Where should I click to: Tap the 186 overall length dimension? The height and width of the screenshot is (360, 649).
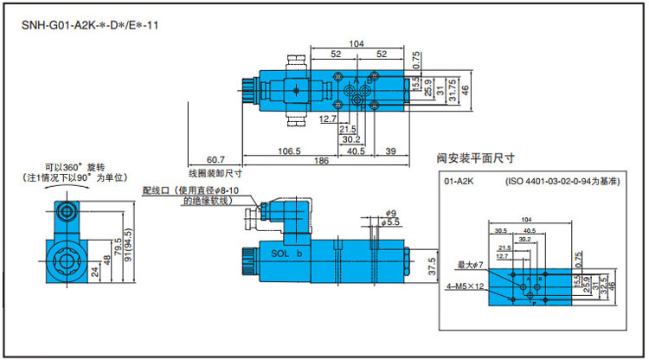click(x=321, y=161)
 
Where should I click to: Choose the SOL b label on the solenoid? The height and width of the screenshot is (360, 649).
click(x=286, y=255)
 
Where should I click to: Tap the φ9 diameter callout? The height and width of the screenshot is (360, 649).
click(x=390, y=213)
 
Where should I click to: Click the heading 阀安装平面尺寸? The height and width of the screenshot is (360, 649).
click(x=474, y=159)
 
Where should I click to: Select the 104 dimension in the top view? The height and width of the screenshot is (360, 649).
click(x=356, y=43)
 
